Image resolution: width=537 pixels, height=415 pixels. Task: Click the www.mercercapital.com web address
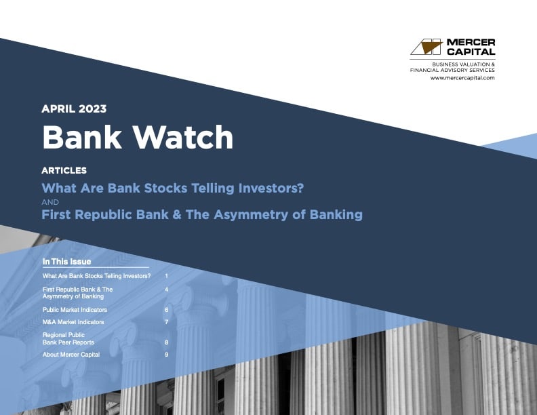(x=462, y=78)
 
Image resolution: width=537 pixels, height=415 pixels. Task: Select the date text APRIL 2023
(x=74, y=108)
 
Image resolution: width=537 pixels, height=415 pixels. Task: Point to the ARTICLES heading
(x=64, y=170)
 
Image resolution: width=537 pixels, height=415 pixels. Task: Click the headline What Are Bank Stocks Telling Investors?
(x=172, y=188)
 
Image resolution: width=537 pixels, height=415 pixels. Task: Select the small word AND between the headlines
(x=50, y=202)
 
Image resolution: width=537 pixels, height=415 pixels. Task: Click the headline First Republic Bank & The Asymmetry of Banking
(x=202, y=215)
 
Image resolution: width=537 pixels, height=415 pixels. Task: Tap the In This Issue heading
(x=66, y=262)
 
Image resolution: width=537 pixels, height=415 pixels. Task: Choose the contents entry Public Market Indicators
(x=75, y=309)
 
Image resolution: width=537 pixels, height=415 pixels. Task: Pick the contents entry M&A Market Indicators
(x=73, y=321)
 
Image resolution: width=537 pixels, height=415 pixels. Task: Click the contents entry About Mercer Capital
(x=71, y=355)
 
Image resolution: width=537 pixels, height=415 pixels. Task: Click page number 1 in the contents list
(x=166, y=277)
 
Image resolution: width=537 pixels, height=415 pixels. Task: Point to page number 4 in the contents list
(x=166, y=290)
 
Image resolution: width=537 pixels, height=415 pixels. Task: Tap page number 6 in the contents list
(x=166, y=309)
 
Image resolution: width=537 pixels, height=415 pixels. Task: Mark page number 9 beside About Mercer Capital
(x=166, y=355)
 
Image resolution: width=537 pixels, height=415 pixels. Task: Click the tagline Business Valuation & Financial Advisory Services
(x=452, y=66)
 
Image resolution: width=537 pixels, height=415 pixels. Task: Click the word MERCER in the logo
(x=470, y=42)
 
